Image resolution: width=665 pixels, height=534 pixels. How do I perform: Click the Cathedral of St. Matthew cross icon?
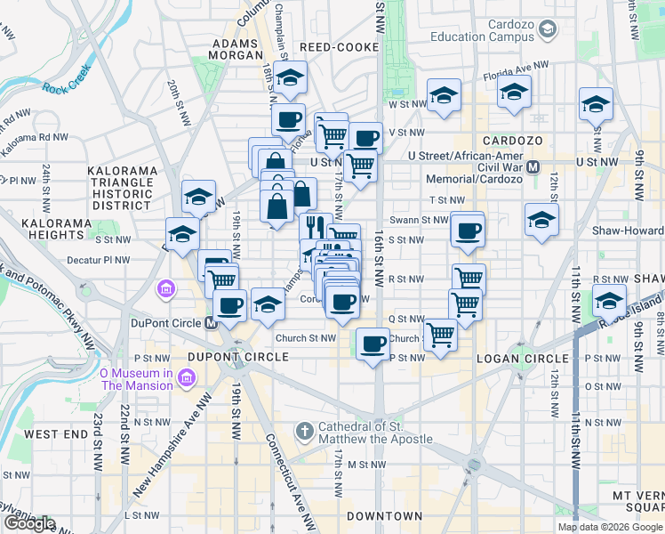pos(304,432)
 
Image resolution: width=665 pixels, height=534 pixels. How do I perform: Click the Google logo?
pos(29,523)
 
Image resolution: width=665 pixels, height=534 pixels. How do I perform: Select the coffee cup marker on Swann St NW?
pos(468,231)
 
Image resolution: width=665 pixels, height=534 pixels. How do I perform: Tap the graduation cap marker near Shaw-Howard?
pos(541,221)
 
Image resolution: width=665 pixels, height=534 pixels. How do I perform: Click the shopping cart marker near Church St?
pos(440,336)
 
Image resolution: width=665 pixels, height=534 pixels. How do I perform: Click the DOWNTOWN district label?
pos(384,516)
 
